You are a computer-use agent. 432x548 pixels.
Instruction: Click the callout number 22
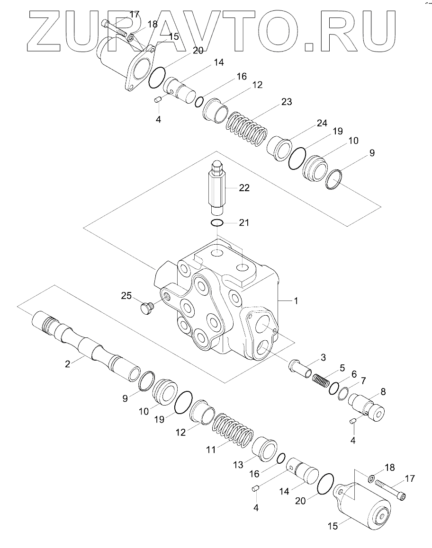click(x=244, y=188)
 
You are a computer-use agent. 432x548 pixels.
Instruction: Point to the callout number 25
click(x=126, y=296)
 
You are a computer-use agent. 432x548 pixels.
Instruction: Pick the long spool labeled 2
click(x=85, y=343)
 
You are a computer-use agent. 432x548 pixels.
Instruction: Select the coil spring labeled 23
click(x=245, y=127)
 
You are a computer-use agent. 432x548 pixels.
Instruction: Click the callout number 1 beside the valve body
click(x=296, y=301)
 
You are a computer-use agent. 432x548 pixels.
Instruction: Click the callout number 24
click(x=322, y=124)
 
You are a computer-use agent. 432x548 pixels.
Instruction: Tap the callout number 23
click(x=286, y=102)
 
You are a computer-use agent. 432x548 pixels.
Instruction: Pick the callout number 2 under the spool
click(x=67, y=364)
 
